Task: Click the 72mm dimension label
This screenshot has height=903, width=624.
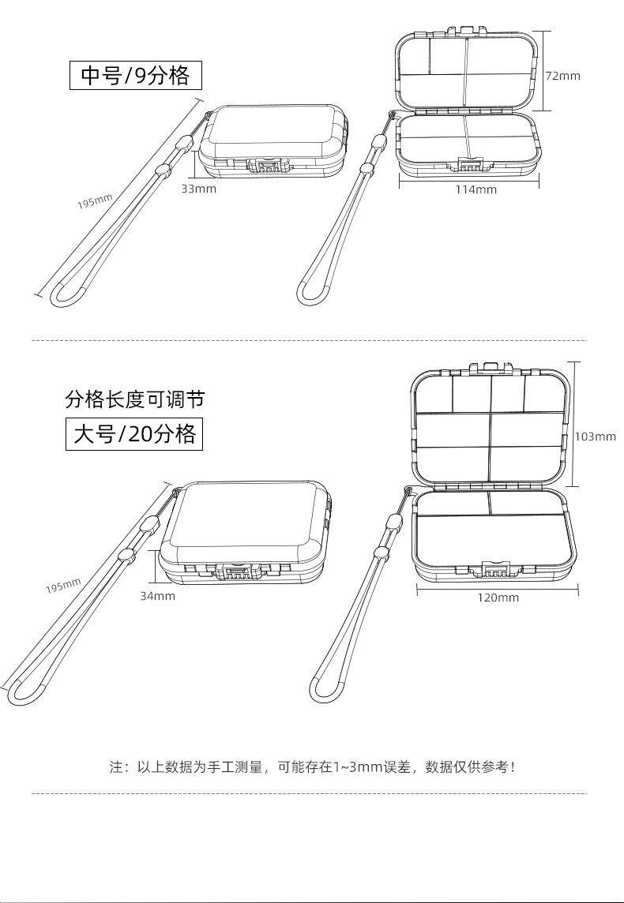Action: click(x=562, y=76)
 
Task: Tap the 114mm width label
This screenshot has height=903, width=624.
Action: click(x=476, y=189)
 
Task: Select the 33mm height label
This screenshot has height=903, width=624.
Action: click(x=198, y=189)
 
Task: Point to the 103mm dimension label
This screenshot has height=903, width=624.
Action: click(x=595, y=437)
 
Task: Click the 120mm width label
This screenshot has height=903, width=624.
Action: click(x=498, y=598)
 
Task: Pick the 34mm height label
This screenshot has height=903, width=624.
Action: click(x=158, y=596)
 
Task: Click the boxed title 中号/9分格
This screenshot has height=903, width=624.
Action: click(x=136, y=75)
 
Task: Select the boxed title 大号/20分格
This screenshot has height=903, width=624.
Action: click(x=134, y=434)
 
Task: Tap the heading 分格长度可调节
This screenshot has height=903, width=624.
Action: click(x=134, y=399)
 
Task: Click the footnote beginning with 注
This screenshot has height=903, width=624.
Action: click(x=312, y=766)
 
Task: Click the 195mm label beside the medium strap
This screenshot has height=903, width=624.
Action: click(x=95, y=201)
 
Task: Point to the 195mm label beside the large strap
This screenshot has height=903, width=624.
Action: click(x=63, y=586)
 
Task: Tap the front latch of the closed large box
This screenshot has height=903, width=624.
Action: click(x=235, y=571)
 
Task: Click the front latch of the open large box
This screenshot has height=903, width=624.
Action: click(x=495, y=570)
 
